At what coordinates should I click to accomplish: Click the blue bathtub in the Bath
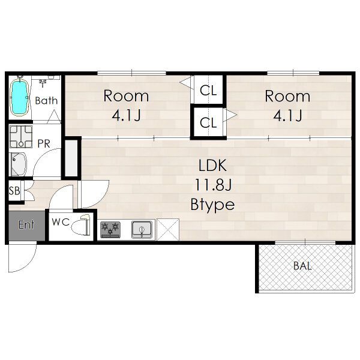pyautogui.click(x=20, y=97)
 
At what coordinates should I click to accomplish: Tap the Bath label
pyautogui.click(x=46, y=101)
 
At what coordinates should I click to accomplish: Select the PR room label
pyautogui.click(x=44, y=144)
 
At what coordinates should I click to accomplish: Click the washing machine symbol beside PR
pyautogui.click(x=21, y=137)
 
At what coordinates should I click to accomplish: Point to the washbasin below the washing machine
pyautogui.click(x=19, y=164)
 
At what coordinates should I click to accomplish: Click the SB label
pyautogui.click(x=14, y=191)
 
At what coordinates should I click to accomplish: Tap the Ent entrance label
pyautogui.click(x=26, y=225)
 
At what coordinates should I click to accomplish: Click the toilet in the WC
pyautogui.click(x=80, y=225)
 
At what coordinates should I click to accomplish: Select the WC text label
pyautogui.click(x=61, y=222)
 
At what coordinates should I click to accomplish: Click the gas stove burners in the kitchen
pyautogui.click(x=110, y=229)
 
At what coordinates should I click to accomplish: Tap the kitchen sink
pyautogui.click(x=142, y=229)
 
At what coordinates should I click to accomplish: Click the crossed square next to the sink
pyautogui.click(x=167, y=230)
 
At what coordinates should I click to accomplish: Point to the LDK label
pyautogui.click(x=212, y=166)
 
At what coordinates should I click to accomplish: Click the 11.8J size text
pyautogui.click(x=213, y=185)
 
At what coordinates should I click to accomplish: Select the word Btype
pyautogui.click(x=212, y=204)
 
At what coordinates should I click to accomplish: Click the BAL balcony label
pyautogui.click(x=302, y=266)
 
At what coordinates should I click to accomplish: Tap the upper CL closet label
pyautogui.click(x=208, y=91)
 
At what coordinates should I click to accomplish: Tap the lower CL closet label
pyautogui.click(x=208, y=122)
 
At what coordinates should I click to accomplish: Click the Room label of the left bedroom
pyautogui.click(x=126, y=96)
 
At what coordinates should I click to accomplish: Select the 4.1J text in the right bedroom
pyautogui.click(x=287, y=115)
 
